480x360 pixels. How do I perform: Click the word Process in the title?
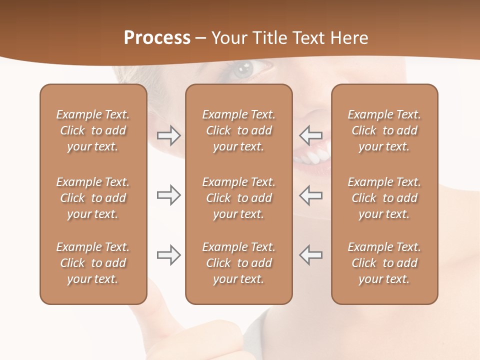click(x=157, y=38)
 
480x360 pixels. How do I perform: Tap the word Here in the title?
click(x=348, y=38)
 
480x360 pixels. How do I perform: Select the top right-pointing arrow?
click(x=168, y=135)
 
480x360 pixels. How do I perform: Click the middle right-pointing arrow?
click(x=168, y=195)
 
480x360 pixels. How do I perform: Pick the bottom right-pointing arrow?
click(x=168, y=255)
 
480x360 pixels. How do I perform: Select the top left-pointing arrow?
click(x=311, y=135)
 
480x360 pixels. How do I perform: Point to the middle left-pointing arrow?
click(x=311, y=195)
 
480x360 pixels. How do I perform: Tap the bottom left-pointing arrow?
click(x=311, y=255)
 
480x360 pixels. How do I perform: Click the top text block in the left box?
click(x=93, y=130)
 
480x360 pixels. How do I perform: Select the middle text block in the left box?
click(x=93, y=198)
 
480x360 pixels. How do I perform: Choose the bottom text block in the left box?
click(x=93, y=263)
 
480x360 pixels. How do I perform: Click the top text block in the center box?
click(x=239, y=130)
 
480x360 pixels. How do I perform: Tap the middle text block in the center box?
click(x=239, y=198)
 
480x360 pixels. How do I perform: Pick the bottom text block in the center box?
click(x=239, y=263)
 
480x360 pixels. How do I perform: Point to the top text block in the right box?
click(x=384, y=130)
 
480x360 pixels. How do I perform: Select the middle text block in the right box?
click(x=384, y=198)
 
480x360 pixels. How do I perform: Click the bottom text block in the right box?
click(x=384, y=263)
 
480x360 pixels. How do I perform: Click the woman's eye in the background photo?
click(x=244, y=68)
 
